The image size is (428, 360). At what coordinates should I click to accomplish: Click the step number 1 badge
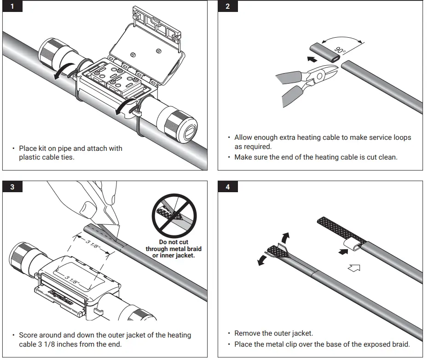12,7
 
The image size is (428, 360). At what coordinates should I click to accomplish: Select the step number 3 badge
12,187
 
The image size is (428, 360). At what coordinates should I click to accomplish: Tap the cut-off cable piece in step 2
324,52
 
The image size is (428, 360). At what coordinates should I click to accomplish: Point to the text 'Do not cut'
174,242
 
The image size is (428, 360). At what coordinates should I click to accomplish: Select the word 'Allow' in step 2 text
243,137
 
